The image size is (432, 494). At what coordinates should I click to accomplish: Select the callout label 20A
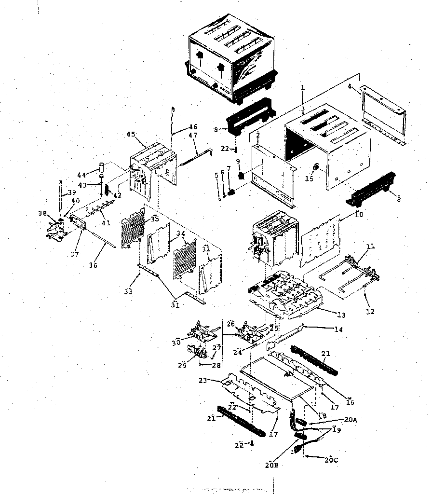(351, 420)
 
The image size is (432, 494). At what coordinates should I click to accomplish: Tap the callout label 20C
(331, 460)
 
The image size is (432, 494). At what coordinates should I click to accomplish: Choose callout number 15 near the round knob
(310, 178)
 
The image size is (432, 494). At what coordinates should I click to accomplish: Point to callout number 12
(369, 312)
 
